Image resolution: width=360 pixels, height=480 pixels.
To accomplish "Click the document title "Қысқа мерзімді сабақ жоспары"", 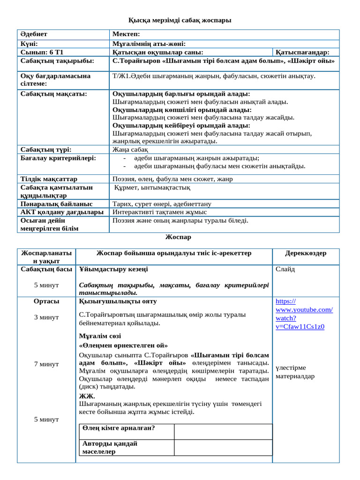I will tap(180, 20).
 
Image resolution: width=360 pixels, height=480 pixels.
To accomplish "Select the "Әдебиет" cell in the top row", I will tap(34, 35).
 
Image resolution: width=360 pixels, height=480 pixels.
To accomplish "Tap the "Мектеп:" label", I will tap(126, 35).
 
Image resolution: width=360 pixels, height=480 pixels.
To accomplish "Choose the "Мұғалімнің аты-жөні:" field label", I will tap(149, 44).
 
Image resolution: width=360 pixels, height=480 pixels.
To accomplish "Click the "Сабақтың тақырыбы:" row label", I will tap(57, 61).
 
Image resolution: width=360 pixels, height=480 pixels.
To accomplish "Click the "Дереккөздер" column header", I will tap(306, 253).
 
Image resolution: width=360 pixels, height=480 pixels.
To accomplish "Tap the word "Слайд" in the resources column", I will tap(285, 270).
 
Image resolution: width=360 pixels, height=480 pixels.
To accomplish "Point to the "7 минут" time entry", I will tap(46, 364).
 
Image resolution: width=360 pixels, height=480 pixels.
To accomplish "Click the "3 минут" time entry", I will tap(46, 317).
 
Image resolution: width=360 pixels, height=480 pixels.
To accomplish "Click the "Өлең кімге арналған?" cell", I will tap(119, 428).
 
